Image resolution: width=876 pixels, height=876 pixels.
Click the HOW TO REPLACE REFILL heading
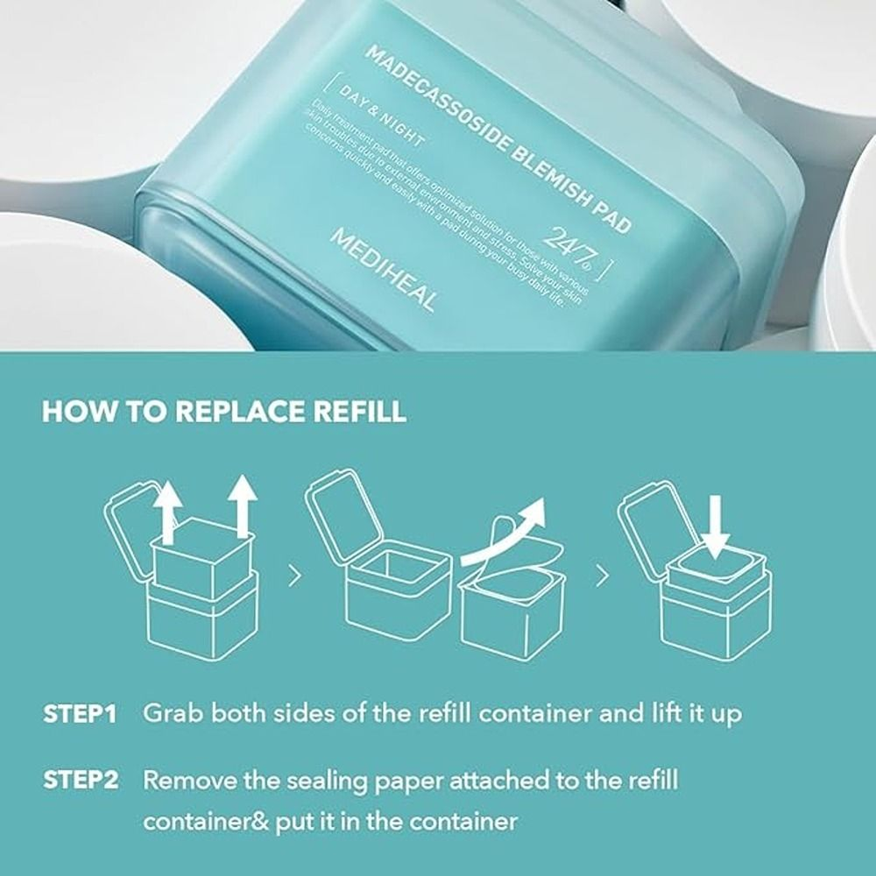(224, 412)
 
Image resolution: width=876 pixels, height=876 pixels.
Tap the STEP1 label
(80, 713)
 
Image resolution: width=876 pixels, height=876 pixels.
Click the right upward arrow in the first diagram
(242, 512)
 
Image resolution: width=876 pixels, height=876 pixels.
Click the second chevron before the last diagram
(601, 576)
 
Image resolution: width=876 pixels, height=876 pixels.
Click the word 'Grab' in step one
(176, 713)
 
